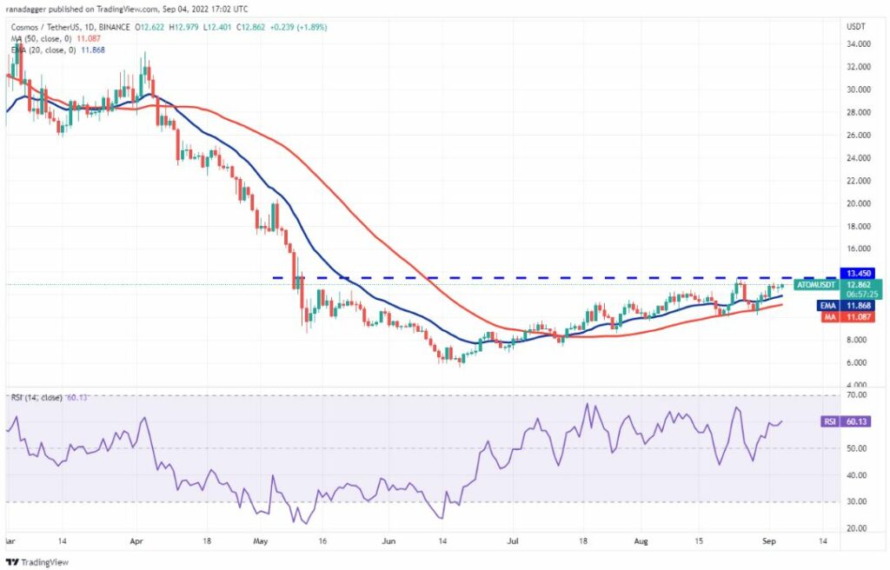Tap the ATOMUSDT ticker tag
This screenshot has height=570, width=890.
click(x=816, y=285)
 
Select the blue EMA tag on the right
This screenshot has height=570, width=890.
click(x=828, y=306)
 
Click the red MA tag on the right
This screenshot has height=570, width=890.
click(x=830, y=317)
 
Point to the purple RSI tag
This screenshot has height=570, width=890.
click(x=830, y=421)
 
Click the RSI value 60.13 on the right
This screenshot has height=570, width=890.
click(x=857, y=421)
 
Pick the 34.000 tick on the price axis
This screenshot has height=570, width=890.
click(x=858, y=44)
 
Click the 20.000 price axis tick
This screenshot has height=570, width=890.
click(x=858, y=203)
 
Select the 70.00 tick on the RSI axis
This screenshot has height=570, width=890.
click(x=856, y=394)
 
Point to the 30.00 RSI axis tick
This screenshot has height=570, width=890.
click(x=856, y=501)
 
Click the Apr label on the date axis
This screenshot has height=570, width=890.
click(x=136, y=541)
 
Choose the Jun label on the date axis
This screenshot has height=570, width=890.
click(x=389, y=541)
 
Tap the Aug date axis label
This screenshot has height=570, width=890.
click(x=641, y=541)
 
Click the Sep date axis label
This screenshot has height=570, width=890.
click(x=768, y=541)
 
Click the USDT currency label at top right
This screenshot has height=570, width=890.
click(x=856, y=27)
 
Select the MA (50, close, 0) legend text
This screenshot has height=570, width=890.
click(x=42, y=38)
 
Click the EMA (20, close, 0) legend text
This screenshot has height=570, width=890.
click(x=43, y=50)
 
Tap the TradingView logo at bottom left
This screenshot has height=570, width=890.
click(x=37, y=562)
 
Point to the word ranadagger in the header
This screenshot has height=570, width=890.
click(x=25, y=9)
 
